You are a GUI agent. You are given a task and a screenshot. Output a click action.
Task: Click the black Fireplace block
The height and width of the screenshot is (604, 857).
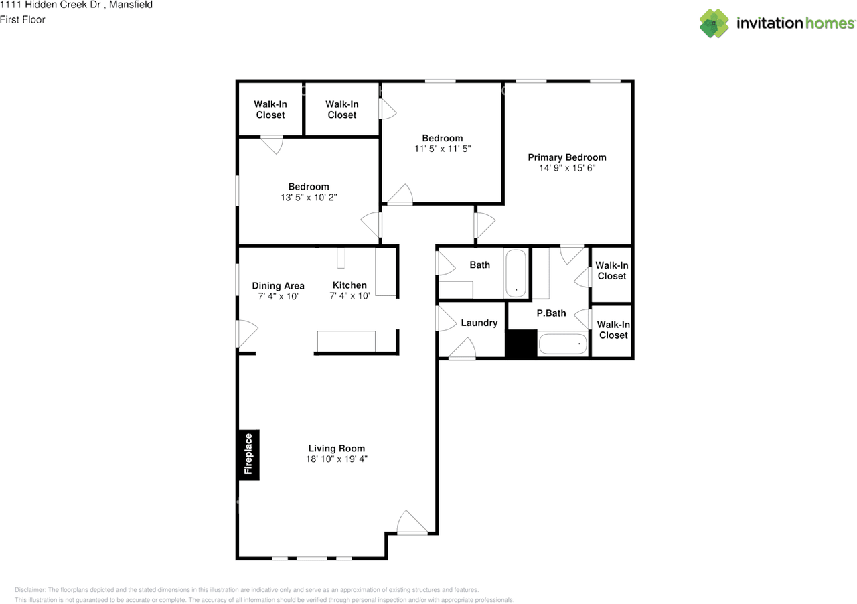pos(248,455)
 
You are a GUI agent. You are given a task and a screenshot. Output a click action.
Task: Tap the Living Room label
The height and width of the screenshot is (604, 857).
pos(337,448)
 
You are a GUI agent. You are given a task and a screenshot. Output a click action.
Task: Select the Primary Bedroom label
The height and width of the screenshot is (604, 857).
pos(567,157)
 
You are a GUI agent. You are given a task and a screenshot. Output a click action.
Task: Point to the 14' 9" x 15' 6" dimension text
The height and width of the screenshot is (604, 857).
pos(567,168)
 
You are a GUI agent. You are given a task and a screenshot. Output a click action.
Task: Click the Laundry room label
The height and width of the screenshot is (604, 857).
pos(479,323)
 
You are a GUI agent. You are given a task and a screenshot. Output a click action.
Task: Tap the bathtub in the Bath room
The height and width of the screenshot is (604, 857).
pos(516,273)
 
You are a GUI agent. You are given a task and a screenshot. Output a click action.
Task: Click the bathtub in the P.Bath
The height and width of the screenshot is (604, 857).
pos(563,344)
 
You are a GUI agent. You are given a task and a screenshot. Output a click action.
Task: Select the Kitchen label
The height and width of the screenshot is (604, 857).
pos(349,285)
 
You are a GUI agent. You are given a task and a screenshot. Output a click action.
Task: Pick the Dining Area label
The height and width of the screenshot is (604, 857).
pos(278,285)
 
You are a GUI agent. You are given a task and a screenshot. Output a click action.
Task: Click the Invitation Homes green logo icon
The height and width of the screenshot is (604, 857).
pos(714,23)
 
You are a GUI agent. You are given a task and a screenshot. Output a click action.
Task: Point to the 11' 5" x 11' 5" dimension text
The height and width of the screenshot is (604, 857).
pos(443,149)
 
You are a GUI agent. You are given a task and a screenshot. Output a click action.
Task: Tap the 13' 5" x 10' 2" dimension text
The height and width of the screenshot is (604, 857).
pos(309,197)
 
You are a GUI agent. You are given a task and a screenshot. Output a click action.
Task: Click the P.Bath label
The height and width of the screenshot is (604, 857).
pos(551,313)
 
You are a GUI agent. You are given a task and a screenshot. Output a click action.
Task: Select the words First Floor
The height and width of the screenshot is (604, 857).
pos(23,20)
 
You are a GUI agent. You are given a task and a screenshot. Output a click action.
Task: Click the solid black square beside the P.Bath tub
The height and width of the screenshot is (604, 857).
pos(522,344)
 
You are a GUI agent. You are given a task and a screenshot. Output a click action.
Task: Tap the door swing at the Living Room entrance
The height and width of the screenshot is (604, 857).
pos(412,522)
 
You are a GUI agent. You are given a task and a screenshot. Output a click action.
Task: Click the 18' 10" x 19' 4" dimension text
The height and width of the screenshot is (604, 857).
pos(337,459)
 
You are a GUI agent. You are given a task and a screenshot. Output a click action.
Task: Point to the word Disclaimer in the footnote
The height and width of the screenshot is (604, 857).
pos(30,590)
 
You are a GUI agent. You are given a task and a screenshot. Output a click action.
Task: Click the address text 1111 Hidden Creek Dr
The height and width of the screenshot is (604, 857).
pos(50,5)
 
